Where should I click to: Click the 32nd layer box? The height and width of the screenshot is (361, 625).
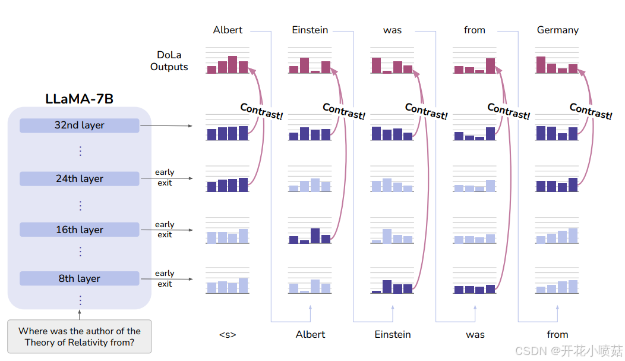(79, 125)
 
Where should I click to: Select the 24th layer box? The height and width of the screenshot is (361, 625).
(79, 178)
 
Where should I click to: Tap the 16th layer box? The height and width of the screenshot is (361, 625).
(79, 230)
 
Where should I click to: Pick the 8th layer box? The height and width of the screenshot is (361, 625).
(79, 278)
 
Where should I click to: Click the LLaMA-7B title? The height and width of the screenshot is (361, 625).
(79, 99)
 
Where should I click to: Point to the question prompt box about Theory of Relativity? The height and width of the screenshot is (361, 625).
(79, 337)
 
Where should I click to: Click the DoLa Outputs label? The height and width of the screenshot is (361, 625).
(169, 61)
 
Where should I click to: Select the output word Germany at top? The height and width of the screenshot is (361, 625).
(557, 30)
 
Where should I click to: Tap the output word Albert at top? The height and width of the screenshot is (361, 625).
(228, 30)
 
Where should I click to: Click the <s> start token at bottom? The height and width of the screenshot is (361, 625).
(228, 334)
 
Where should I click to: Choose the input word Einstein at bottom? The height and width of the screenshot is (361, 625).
(393, 334)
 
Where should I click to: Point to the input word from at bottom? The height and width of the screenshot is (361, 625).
(557, 334)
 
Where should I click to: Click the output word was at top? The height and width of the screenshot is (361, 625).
(392, 30)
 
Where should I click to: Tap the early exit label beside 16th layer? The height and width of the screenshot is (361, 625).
(165, 230)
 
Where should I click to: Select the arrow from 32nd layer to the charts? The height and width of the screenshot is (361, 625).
(166, 126)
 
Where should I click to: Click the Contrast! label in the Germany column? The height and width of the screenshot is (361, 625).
(591, 111)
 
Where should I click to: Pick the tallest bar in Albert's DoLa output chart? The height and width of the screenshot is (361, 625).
(233, 64)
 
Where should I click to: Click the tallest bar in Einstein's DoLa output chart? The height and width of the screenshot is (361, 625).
(304, 65)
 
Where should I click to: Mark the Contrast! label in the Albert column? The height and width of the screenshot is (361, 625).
(261, 111)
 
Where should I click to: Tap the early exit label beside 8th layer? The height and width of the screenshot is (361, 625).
(165, 278)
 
